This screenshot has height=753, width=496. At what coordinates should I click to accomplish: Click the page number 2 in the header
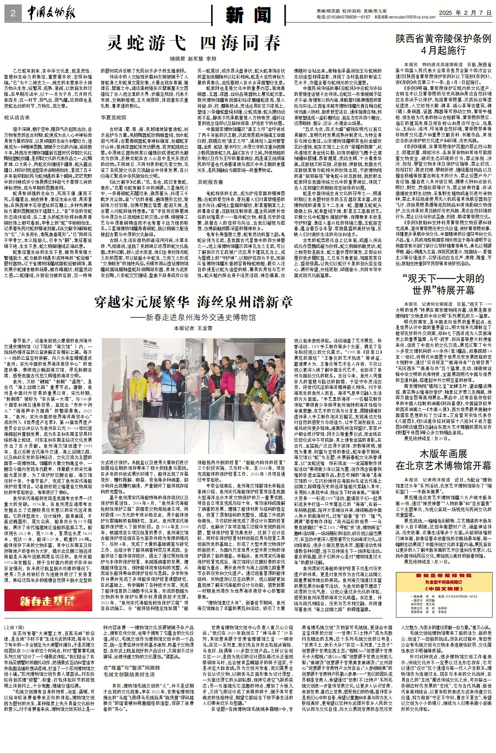(x=13, y=14)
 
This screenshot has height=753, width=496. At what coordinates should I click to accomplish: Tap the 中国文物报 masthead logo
(x=51, y=14)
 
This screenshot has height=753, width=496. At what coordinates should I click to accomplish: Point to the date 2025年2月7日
(x=465, y=13)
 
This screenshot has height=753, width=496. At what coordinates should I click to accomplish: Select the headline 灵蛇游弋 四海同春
(x=193, y=43)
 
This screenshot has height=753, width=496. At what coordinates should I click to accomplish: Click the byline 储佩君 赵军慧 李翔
(x=193, y=59)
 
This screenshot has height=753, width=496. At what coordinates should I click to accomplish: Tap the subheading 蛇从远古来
(x=17, y=117)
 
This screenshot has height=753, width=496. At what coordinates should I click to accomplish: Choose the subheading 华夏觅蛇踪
(x=114, y=117)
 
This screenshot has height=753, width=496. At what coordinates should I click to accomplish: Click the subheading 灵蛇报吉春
(x=210, y=182)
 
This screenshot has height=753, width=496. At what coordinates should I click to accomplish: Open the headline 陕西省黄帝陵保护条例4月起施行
(x=444, y=44)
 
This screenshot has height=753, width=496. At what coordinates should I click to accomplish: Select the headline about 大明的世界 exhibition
(x=444, y=284)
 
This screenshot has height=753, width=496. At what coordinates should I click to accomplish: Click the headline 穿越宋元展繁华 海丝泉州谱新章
(x=193, y=302)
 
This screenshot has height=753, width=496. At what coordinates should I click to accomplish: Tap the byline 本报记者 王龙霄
(x=193, y=328)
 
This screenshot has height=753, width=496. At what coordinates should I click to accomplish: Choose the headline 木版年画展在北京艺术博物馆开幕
(x=444, y=460)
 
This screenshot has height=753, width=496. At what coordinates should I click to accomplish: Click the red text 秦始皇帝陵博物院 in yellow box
(x=443, y=575)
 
